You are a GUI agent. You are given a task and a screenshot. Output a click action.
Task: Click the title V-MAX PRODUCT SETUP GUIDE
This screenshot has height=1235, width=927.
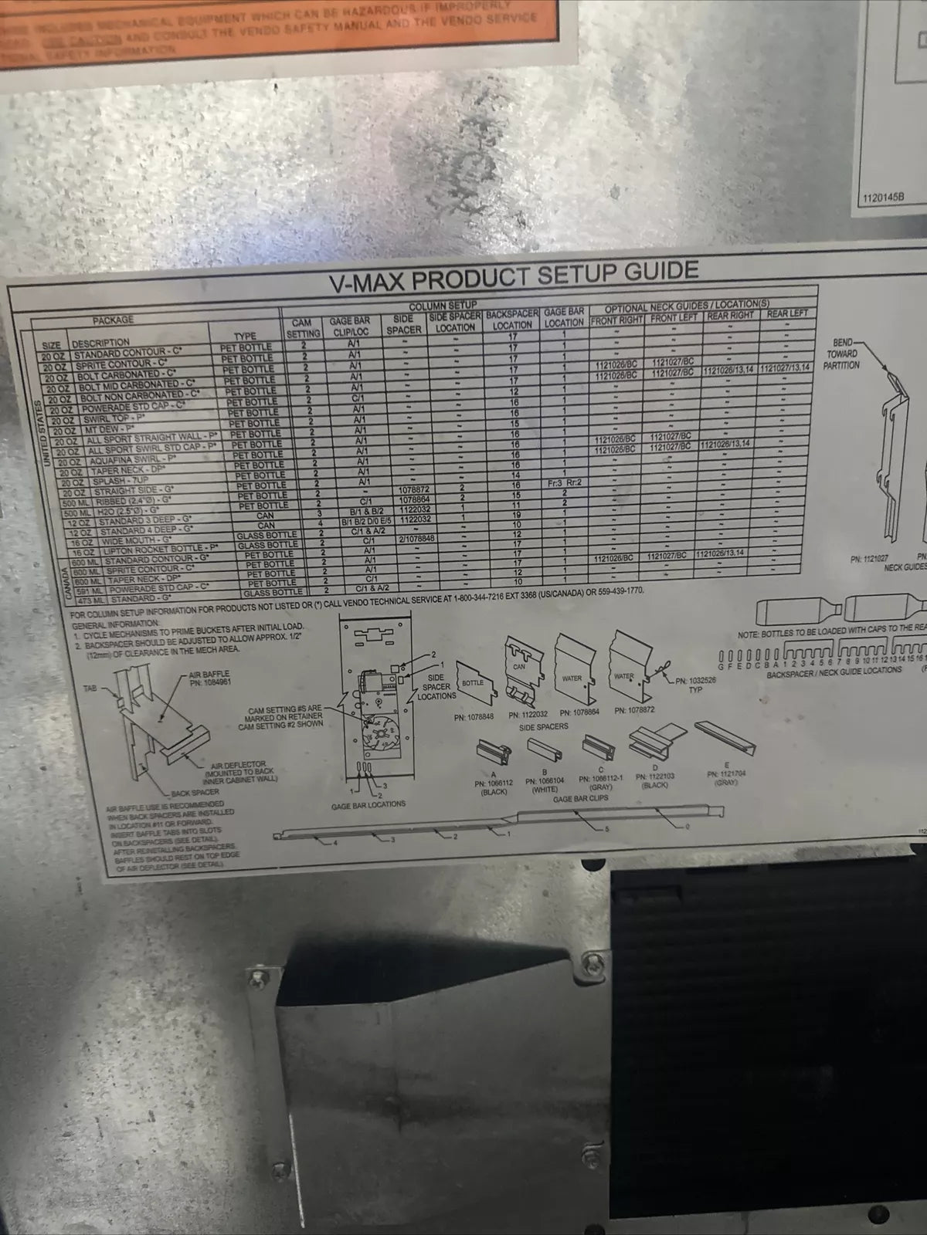tap(514, 276)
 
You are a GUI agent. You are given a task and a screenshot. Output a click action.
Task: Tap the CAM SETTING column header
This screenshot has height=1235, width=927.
tap(303, 328)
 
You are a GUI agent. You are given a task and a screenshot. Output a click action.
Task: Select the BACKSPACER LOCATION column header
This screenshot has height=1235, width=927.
tap(512, 320)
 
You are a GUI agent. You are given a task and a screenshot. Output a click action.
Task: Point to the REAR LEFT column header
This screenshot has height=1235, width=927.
tap(787, 314)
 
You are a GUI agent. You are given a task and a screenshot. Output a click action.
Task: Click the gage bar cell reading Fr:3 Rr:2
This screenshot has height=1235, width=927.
tap(564, 482)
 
